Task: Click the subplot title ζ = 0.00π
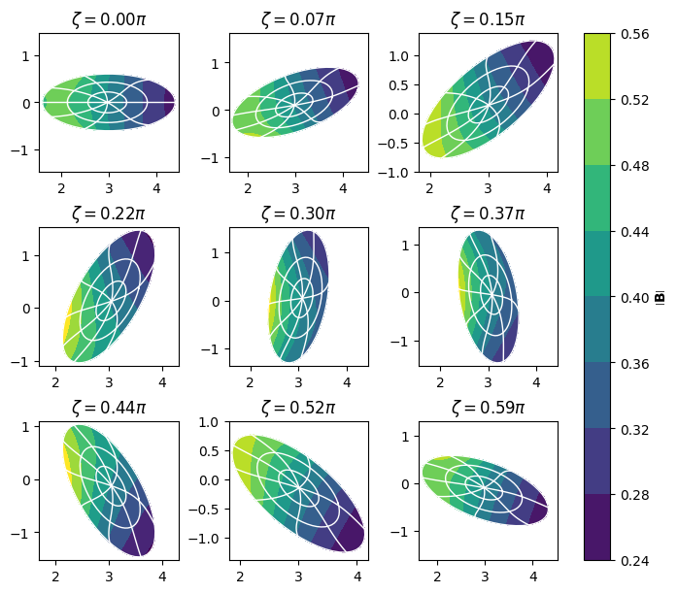click(109, 19)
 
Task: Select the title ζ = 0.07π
click(299, 19)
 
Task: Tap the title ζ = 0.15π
click(489, 19)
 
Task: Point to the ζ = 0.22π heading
click(109, 214)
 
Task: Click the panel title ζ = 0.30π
click(299, 214)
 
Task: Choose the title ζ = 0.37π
click(489, 214)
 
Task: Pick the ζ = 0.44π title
click(109, 408)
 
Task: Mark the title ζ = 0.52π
click(299, 408)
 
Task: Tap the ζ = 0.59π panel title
click(489, 408)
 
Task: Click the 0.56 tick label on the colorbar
click(634, 34)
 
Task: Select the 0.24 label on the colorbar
click(634, 561)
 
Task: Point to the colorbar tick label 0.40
click(634, 298)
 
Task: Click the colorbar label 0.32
click(634, 429)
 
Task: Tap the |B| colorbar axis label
click(661, 298)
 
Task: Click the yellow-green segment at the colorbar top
click(597, 67)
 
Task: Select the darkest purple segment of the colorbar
click(597, 527)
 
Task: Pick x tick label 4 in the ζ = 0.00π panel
click(156, 188)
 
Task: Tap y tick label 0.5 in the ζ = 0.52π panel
click(209, 451)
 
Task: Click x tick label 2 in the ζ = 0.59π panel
click(437, 577)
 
